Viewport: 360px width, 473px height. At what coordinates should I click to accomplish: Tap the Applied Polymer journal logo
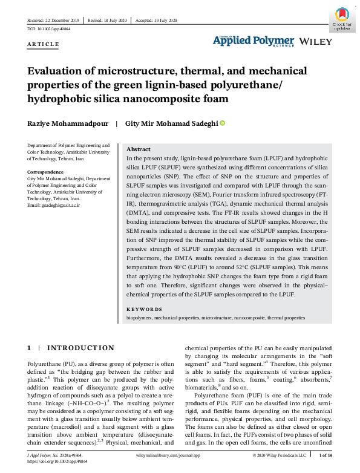(253, 41)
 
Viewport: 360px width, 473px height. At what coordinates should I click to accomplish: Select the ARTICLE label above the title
(44, 44)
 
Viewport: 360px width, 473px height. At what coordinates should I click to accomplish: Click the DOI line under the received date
(48, 29)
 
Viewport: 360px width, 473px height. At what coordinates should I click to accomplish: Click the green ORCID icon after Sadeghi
(222, 123)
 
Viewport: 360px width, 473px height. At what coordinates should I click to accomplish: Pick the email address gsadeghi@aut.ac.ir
(54, 206)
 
